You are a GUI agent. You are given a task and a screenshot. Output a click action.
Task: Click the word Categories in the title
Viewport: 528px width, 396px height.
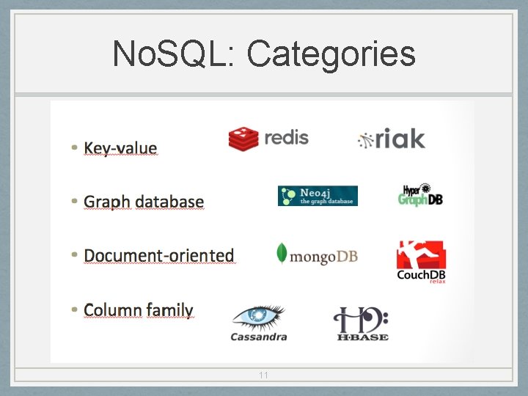tap(331, 54)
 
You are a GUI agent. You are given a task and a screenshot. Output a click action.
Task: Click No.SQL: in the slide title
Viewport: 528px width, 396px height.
tap(173, 54)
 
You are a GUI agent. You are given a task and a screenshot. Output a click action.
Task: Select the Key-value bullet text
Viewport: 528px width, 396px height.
tap(120, 148)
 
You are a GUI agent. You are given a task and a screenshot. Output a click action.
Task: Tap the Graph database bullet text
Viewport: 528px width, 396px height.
tap(144, 202)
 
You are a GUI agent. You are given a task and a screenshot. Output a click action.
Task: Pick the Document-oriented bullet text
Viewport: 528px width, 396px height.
tap(159, 255)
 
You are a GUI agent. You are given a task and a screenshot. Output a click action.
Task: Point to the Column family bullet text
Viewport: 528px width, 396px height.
tap(138, 310)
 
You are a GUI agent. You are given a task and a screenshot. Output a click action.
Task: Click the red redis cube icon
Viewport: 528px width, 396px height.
tap(243, 138)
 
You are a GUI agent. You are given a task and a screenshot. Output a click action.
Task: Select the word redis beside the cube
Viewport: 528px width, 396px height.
tap(286, 137)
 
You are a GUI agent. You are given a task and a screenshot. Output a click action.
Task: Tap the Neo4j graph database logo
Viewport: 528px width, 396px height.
tap(318, 196)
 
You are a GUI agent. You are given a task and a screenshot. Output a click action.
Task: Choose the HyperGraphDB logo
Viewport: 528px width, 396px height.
tap(420, 195)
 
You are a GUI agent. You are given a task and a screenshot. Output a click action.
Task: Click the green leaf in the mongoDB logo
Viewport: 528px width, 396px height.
tap(281, 253)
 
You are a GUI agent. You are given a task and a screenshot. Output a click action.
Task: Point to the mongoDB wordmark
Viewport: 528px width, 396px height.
tap(323, 257)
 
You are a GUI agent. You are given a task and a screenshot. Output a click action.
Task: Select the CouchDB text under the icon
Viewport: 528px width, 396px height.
tap(421, 275)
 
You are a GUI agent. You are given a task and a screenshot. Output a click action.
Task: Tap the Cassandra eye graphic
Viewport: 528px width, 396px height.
tap(258, 317)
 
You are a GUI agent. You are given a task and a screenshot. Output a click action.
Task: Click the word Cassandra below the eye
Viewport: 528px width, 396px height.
tap(258, 337)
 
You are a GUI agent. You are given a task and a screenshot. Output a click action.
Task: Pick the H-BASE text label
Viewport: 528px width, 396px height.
tap(362, 337)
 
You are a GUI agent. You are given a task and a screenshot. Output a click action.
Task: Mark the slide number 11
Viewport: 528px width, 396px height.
tap(263, 375)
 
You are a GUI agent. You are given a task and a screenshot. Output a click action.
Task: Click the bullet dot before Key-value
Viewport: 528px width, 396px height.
tap(75, 147)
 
